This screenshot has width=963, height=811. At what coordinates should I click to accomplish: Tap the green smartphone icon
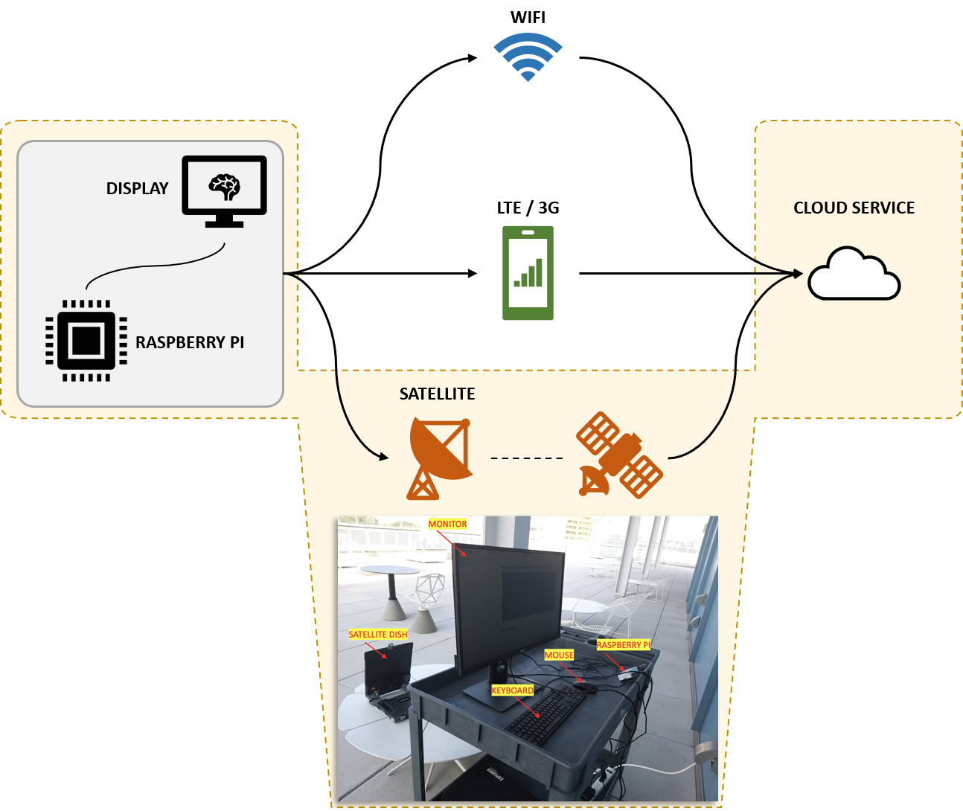pos(528,273)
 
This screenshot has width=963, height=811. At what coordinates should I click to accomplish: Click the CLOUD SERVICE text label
pos(854,208)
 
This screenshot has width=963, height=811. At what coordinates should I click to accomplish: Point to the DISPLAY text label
pos(137,189)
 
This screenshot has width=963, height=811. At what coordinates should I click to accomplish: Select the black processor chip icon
pos(86,341)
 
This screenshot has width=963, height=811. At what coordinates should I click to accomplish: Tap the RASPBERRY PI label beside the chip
pos(190,343)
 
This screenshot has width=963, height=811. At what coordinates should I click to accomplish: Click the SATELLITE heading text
pos(437,394)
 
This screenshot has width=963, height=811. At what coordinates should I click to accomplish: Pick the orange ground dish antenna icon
pos(439,458)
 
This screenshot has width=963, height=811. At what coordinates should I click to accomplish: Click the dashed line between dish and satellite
pos(527,458)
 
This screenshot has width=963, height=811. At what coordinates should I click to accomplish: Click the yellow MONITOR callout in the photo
pos(447,525)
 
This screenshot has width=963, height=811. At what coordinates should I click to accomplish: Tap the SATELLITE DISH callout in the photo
pos(378,635)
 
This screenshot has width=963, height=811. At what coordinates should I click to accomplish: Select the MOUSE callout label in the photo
pos(559,655)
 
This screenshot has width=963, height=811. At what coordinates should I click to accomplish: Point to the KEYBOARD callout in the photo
pos(512,690)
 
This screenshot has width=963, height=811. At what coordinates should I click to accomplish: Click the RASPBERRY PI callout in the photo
pos(624,645)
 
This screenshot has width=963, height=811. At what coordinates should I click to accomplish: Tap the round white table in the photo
pos(389,571)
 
